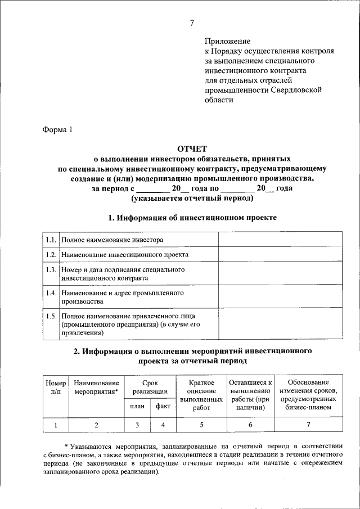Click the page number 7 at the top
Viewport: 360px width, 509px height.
[x=192, y=23]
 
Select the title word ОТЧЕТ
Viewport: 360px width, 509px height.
[x=192, y=148]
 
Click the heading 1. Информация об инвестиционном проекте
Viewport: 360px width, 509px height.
[x=192, y=217]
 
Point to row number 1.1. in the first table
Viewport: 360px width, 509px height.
[x=50, y=240]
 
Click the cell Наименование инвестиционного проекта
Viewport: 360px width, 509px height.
[x=125, y=255]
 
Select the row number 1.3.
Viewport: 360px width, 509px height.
[x=50, y=270]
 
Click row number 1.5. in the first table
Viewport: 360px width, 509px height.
[x=50, y=316]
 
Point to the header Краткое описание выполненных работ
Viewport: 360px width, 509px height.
[x=201, y=395]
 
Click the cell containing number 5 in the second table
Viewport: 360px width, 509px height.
[x=201, y=425]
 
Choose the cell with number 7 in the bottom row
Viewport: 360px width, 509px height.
[x=308, y=425]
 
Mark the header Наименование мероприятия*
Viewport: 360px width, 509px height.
[x=96, y=386]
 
